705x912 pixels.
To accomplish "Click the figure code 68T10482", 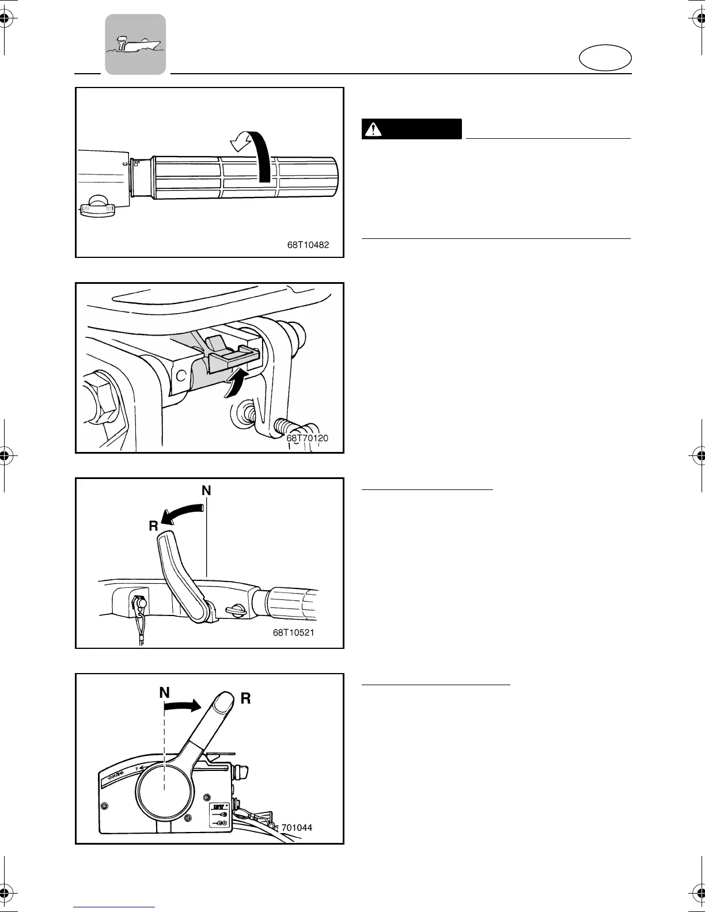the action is click(308, 245).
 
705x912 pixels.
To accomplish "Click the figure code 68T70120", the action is click(307, 439).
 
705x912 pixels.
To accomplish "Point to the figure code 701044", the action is click(297, 827).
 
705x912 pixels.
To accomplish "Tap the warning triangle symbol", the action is click(376, 130).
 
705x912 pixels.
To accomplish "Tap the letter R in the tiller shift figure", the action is click(153, 526).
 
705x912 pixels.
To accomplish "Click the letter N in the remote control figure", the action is click(165, 693).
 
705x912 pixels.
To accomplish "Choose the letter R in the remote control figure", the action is click(245, 698).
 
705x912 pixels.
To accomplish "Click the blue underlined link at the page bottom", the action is click(115, 907).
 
